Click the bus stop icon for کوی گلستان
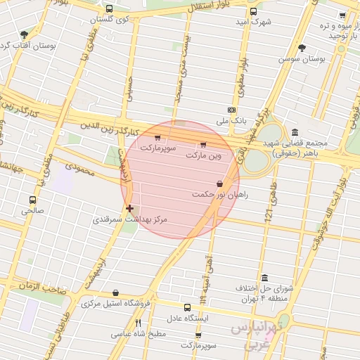tap(109, 9)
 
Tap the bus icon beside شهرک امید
tap(253, 11)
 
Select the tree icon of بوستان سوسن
tap(302, 49)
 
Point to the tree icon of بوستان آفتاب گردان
tap(25, 34)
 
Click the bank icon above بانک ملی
tap(231, 110)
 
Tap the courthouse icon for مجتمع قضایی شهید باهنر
tap(293, 132)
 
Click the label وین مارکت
tap(203, 155)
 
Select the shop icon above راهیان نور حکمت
tap(220, 184)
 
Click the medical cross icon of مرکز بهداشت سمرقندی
tap(129, 208)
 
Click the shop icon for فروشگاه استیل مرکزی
tap(115, 293)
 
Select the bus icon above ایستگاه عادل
tap(187, 307)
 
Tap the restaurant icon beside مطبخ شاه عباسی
tap(137, 323)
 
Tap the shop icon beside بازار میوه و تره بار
tap(342, 15)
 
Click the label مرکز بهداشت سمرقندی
tap(130, 220)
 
